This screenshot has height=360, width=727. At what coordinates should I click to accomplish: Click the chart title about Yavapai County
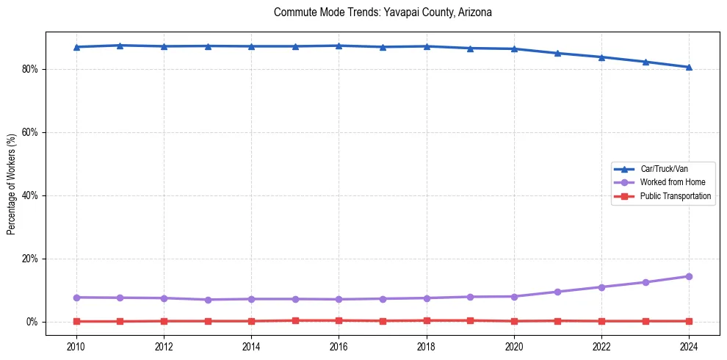click(x=382, y=12)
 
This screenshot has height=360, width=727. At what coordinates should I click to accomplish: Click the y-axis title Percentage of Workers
click(x=12, y=184)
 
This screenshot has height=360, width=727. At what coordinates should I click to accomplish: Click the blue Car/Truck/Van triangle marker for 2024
click(x=689, y=67)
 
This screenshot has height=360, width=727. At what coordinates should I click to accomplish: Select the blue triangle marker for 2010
click(x=76, y=47)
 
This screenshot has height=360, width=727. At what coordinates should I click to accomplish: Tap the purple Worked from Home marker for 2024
click(x=689, y=276)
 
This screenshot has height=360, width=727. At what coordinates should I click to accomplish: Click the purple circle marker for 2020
click(x=514, y=296)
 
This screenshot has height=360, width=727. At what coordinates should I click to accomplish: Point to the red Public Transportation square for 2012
click(x=164, y=321)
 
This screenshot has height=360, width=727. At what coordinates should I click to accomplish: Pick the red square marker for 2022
click(x=601, y=321)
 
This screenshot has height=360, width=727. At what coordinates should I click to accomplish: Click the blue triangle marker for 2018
click(x=427, y=46)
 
